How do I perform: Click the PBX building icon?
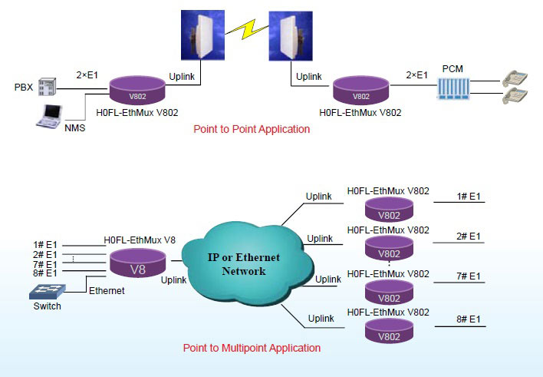click(x=48, y=88)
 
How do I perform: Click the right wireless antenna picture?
click(x=286, y=37)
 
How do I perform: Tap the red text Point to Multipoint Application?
click(x=252, y=348)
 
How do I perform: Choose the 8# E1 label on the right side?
click(x=469, y=317)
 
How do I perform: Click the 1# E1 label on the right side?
click(x=469, y=197)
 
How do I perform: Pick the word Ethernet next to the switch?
click(x=107, y=291)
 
